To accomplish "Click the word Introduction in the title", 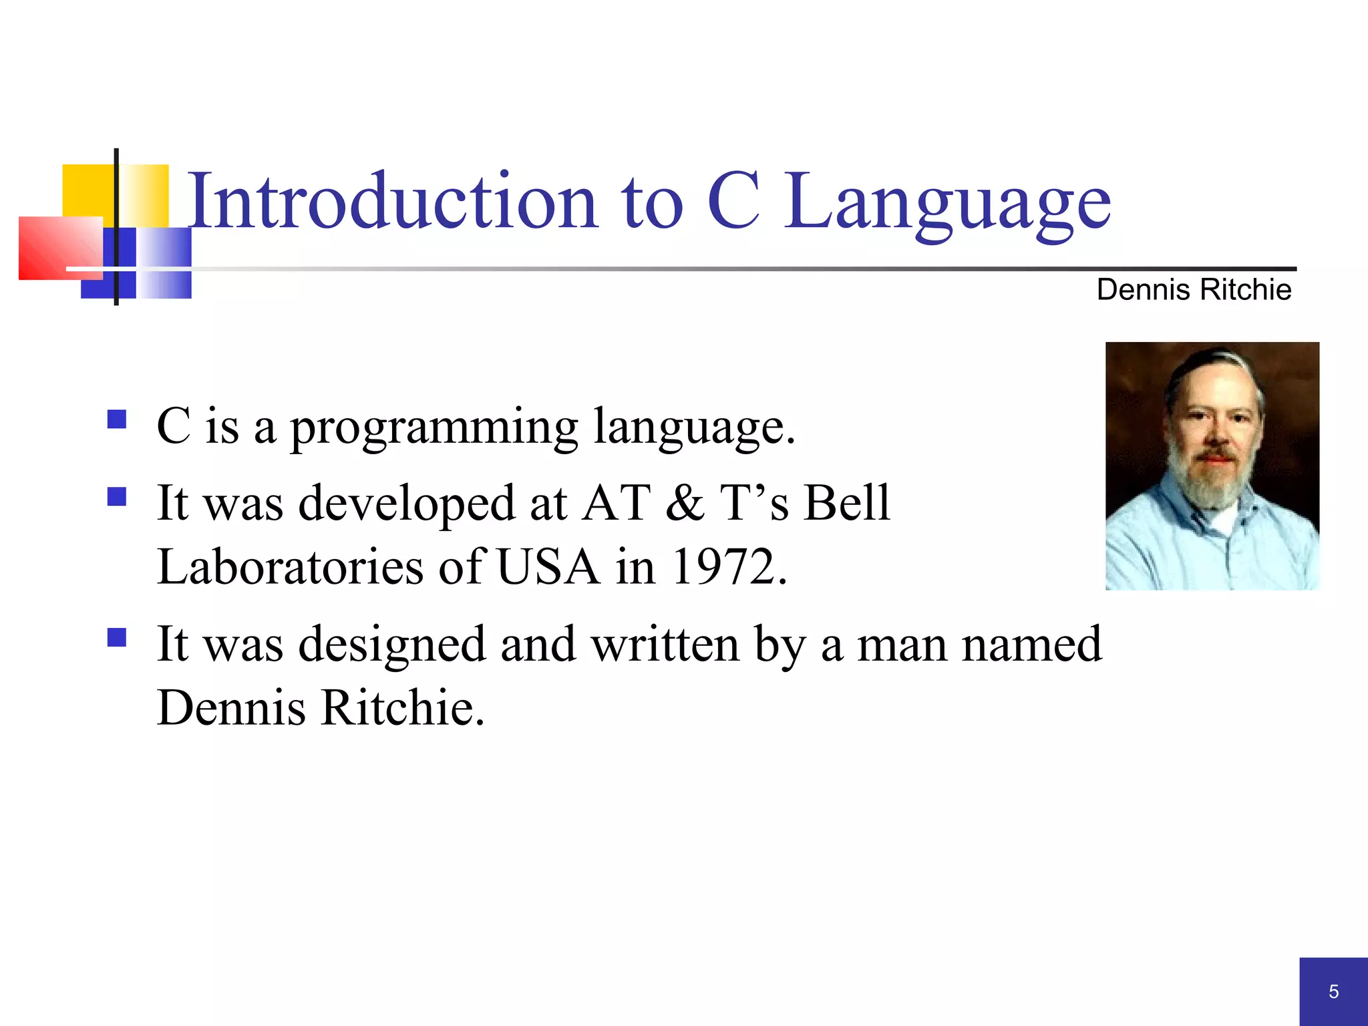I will click(392, 202).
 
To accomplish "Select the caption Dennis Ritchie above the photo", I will click(1194, 290).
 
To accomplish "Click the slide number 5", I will click(1333, 991).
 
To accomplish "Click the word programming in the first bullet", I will click(434, 427).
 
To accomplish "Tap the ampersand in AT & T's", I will click(684, 502).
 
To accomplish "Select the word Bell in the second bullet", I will click(846, 502).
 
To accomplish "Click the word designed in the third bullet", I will click(391, 645).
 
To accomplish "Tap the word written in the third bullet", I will click(665, 645).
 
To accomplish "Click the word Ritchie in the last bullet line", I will click(402, 708).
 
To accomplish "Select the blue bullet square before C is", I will click(117, 419).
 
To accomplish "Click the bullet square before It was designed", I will click(117, 638).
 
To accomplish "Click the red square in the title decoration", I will click(57, 247).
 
